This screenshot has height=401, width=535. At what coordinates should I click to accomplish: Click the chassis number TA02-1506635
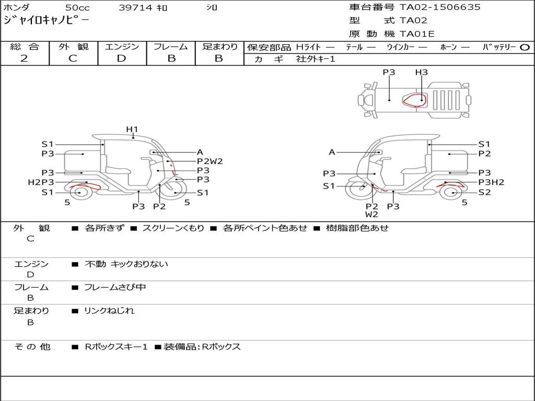[x=440, y=7]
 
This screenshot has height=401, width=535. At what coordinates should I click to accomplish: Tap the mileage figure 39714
[x=135, y=7]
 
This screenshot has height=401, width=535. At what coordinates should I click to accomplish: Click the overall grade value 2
[x=24, y=58]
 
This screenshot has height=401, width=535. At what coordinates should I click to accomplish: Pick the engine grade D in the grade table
[x=121, y=58]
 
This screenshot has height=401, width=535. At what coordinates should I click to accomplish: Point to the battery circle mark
[x=525, y=48]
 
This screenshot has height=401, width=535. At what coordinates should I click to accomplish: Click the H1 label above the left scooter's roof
[x=132, y=129]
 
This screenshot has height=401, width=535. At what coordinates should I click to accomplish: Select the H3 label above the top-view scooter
[x=422, y=72]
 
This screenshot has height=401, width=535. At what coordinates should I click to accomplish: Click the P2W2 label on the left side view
[x=210, y=161]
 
